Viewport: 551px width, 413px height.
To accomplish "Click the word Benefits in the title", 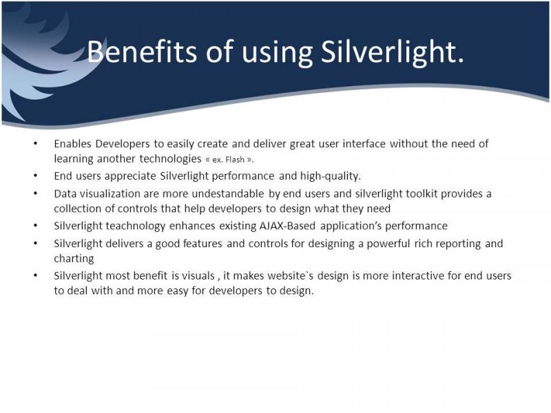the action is pos(142,52).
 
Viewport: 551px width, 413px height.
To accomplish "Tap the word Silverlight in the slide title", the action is pos(392,53).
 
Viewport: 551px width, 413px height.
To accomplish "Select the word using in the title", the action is pos(278,54).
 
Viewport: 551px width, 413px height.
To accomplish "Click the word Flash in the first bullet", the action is pos(235,160).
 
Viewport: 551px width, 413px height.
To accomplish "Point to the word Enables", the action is pos(73,144).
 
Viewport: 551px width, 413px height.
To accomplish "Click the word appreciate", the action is pos(130,176).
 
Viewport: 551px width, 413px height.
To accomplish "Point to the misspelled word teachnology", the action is pos(135,226).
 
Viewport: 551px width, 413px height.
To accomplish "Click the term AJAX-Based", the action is pos(287,226).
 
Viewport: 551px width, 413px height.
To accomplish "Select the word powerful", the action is pos(388,244).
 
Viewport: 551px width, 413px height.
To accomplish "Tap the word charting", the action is pos(74,259).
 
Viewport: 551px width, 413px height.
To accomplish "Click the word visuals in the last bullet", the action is pos(198,276).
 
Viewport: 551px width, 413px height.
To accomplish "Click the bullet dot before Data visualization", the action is pos(36,194).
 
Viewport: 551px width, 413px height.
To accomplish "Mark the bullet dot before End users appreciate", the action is pos(36,176).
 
